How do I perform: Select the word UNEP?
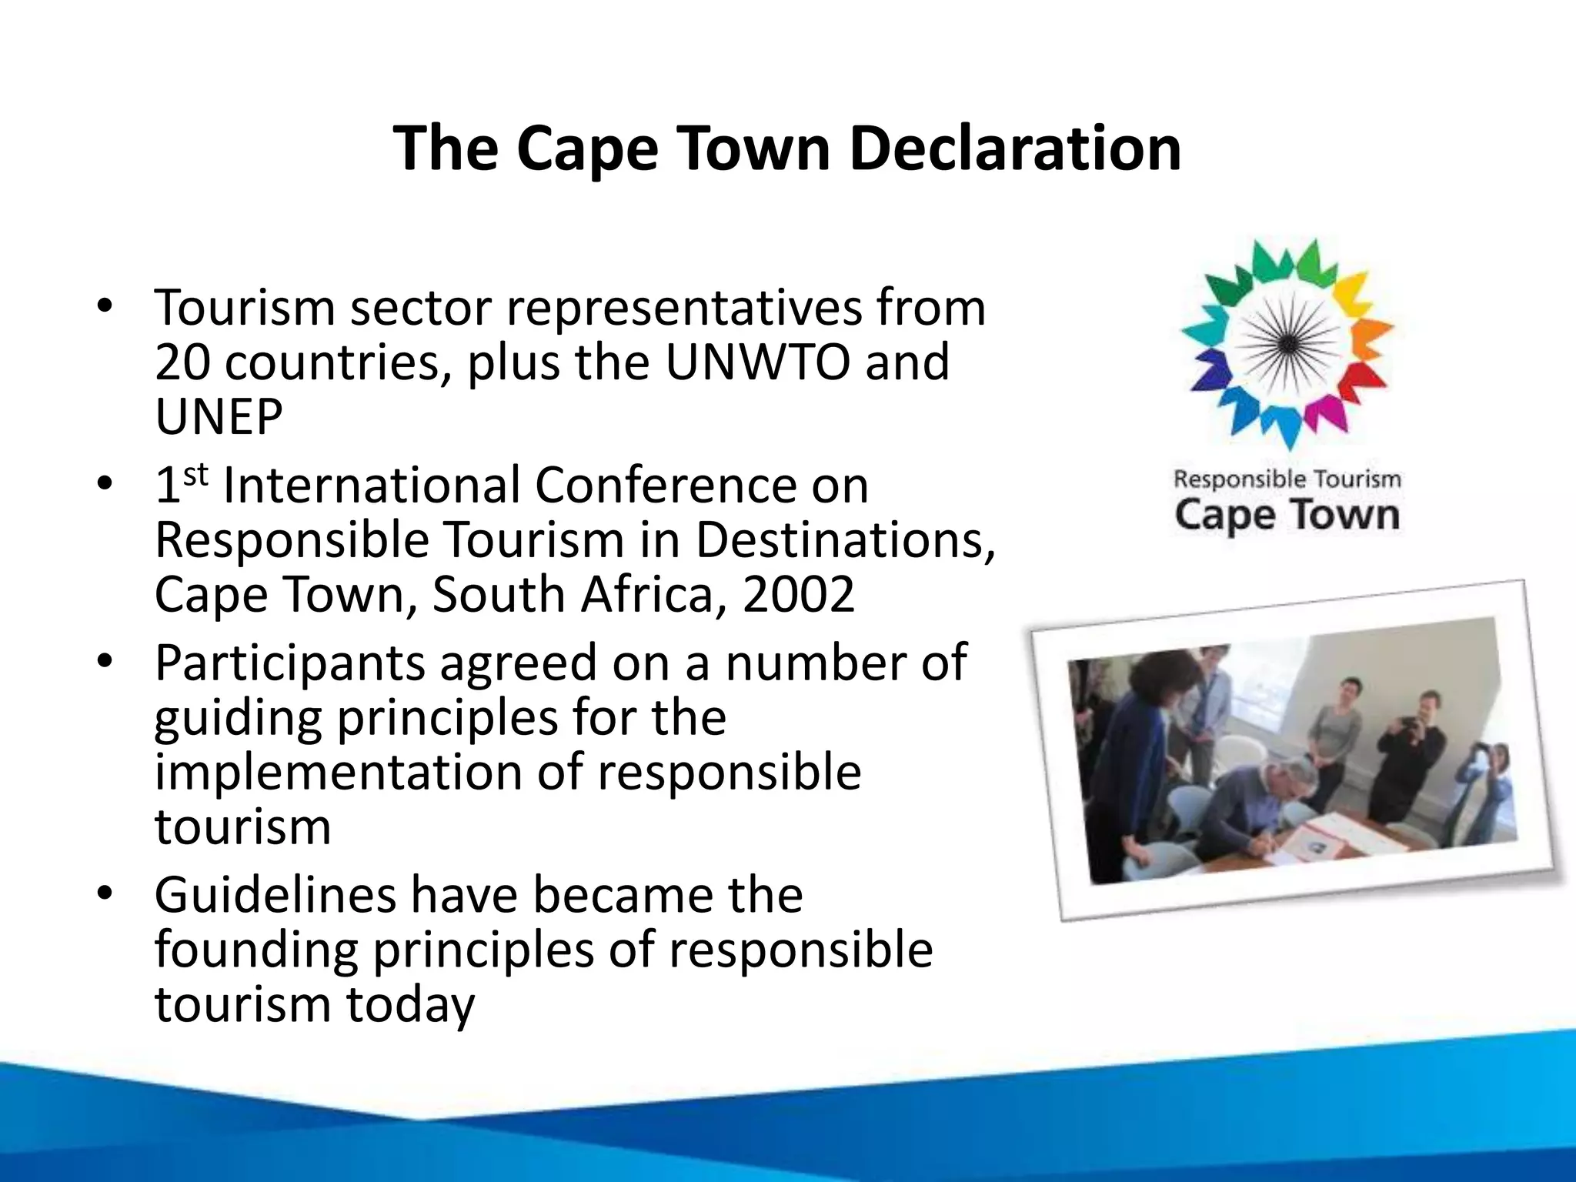click(x=219, y=417)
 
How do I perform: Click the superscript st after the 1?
click(x=196, y=474)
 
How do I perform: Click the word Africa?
click(x=651, y=594)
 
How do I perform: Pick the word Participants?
click(x=290, y=663)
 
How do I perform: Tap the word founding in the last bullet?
click(x=256, y=950)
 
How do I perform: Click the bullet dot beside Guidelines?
click(x=105, y=893)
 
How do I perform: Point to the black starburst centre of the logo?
click(x=1287, y=344)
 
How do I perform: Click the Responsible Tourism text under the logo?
click(x=1287, y=479)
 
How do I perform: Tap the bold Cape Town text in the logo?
click(x=1287, y=516)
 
